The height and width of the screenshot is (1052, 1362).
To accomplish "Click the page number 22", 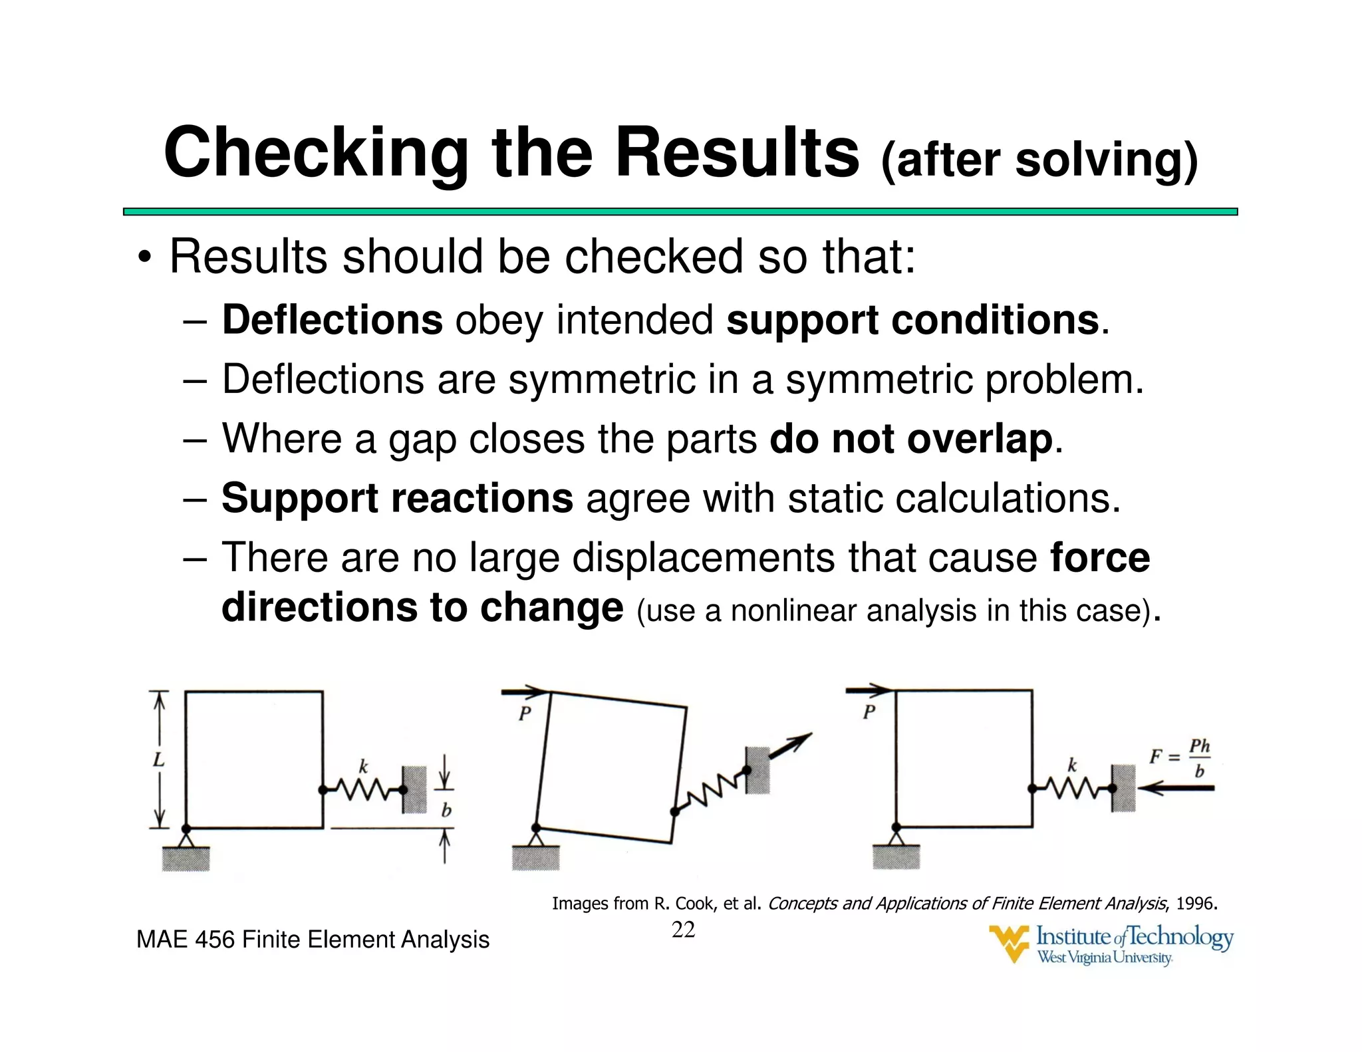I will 683,930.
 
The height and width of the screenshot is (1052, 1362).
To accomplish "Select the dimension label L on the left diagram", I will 158,759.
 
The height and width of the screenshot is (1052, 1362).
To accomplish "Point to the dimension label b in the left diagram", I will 446,810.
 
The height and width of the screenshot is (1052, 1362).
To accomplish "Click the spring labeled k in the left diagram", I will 362,789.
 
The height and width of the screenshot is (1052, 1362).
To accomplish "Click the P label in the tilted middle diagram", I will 525,714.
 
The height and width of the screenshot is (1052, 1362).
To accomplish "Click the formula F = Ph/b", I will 1181,757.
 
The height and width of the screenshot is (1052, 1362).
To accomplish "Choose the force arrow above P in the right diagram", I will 867,690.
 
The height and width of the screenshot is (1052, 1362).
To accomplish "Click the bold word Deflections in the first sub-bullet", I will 332,320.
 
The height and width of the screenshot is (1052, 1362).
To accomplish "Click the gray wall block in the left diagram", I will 414,789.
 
